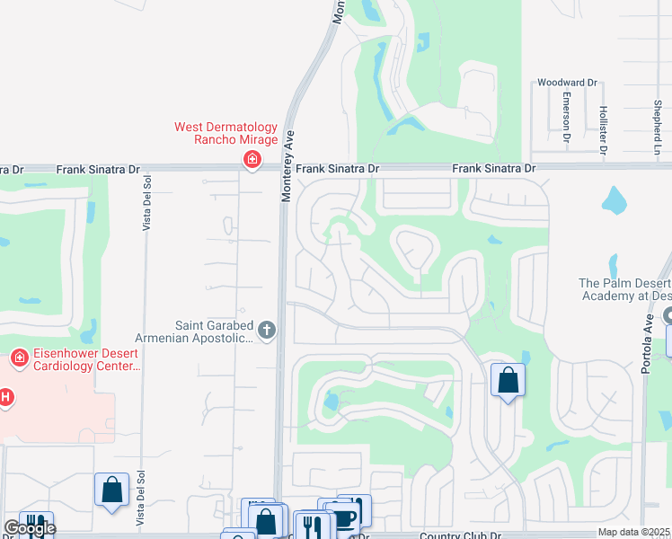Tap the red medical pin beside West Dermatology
coord(252,160)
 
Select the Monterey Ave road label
coord(288,166)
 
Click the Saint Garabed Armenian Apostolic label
coord(214,331)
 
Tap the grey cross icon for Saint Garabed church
coord(266,331)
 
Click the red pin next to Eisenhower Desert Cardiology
coord(18,359)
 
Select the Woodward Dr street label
coord(567,83)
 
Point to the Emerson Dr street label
coord(567,117)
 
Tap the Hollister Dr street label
coord(603,123)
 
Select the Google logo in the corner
coord(29,528)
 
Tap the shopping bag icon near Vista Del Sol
coord(112,490)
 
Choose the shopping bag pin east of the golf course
coord(508,380)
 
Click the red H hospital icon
coord(5,396)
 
